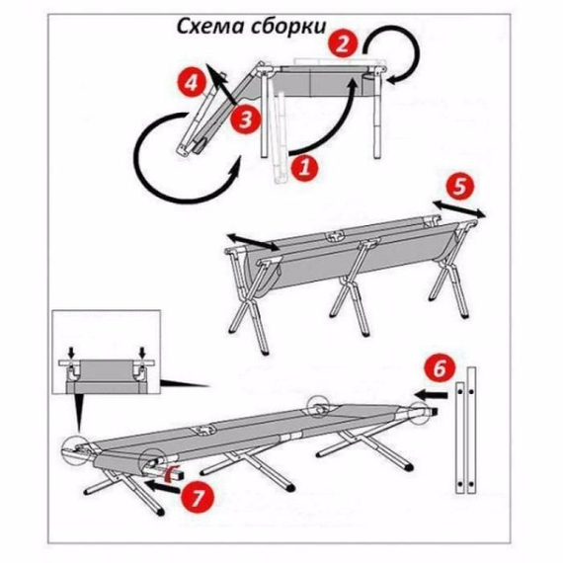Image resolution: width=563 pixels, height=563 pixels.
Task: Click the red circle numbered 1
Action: tap(305, 168)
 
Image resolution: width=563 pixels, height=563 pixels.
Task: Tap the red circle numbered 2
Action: tap(343, 42)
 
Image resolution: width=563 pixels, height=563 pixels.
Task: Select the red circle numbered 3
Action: tap(247, 120)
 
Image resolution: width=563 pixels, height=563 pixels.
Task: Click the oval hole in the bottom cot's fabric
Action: tap(208, 431)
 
